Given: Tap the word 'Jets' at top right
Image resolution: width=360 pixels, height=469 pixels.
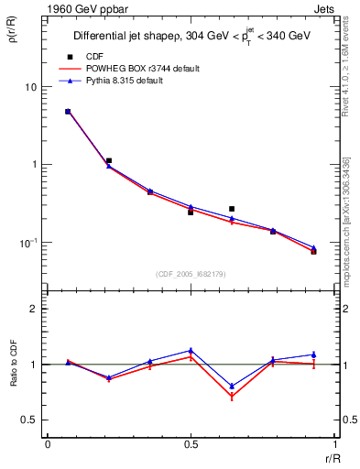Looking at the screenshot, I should tap(323, 9).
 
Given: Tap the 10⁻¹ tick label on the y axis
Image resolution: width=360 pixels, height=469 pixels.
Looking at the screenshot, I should tap(29, 243).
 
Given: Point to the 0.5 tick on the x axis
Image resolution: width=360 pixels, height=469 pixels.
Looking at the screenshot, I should tap(191, 445).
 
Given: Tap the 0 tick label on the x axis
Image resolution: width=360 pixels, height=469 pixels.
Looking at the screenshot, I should tap(48, 445).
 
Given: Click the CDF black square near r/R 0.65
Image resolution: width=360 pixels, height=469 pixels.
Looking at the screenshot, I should tap(232, 209).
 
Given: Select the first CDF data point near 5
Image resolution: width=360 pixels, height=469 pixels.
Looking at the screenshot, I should tap(68, 112).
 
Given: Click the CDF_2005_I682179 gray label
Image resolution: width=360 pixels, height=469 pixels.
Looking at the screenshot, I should tap(191, 273).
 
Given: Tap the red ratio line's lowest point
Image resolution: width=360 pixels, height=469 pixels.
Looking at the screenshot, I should tap(232, 397).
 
